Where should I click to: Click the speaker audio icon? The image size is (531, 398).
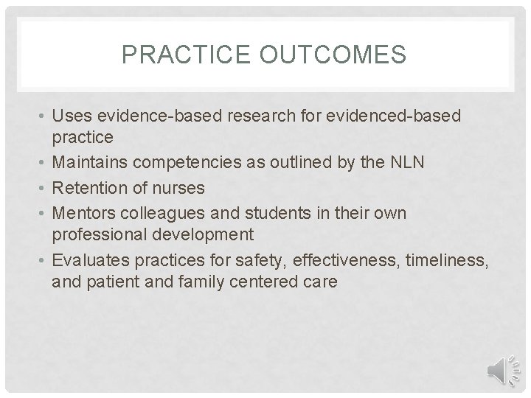pos(505,369)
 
